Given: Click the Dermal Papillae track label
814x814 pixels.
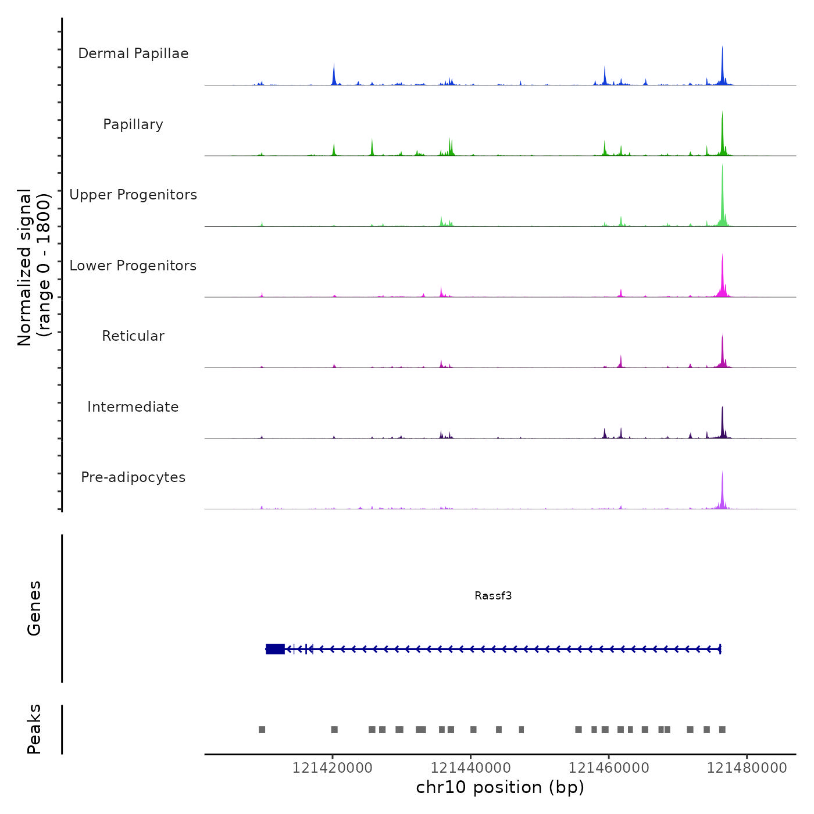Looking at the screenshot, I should click(x=133, y=53).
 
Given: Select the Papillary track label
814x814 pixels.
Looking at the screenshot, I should click(x=133, y=124).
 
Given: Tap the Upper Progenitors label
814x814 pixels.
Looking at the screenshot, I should click(x=133, y=195).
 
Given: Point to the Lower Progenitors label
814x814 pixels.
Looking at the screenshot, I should click(x=133, y=266).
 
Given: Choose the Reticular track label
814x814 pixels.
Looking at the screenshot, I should click(x=133, y=336).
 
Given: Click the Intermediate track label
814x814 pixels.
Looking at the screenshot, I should click(x=133, y=407).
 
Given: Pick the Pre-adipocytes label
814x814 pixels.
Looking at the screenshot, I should click(x=133, y=477).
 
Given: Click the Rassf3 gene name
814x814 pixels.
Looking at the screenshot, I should click(x=493, y=595).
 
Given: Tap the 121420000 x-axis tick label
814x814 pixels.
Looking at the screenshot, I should click(x=333, y=768).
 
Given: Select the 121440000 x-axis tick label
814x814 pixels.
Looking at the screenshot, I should click(x=471, y=768).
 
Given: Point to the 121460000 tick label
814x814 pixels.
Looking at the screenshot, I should click(x=609, y=768).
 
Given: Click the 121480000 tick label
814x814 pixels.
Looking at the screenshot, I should click(x=747, y=768).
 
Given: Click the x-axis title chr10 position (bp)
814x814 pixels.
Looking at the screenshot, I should click(x=500, y=787).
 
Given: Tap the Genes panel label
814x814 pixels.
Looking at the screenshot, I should click(x=34, y=608).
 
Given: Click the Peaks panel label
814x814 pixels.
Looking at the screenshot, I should click(x=34, y=729).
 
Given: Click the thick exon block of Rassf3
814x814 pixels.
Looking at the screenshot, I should click(x=275, y=649).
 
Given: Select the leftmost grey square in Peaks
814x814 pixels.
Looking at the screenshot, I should click(x=262, y=730).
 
